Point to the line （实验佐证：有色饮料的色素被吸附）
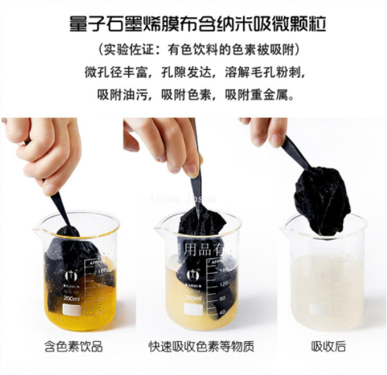[x=193, y=50]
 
